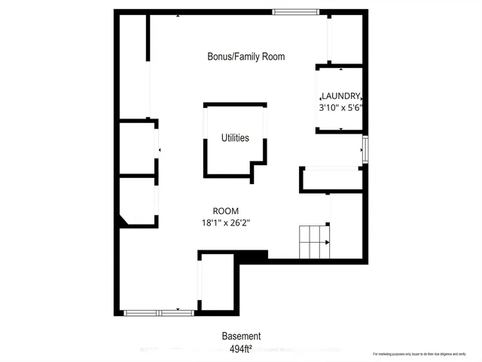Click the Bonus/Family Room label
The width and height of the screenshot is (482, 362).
(x=246, y=57)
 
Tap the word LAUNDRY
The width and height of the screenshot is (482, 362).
(x=341, y=97)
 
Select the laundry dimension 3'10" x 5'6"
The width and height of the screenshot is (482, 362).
(x=341, y=108)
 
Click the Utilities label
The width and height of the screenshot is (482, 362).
(x=235, y=138)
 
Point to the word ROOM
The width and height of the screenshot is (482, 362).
(x=225, y=211)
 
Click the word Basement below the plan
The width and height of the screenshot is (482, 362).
(x=241, y=336)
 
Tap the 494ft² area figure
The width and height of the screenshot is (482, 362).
(x=241, y=348)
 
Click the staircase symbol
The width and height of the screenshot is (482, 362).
(x=315, y=242)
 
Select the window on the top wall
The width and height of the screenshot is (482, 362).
(x=295, y=11)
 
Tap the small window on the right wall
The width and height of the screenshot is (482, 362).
(x=365, y=149)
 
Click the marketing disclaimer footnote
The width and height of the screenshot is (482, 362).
(x=425, y=354)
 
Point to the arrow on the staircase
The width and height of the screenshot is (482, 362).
(x=327, y=242)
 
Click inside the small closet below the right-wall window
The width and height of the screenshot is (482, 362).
(x=331, y=180)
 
